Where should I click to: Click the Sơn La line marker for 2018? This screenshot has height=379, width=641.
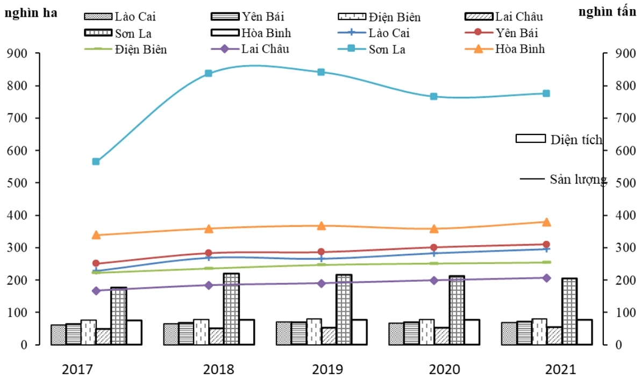tap(209, 73)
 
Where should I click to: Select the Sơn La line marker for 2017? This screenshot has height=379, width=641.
tap(96, 161)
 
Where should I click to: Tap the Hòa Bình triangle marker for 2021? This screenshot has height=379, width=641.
tap(546, 222)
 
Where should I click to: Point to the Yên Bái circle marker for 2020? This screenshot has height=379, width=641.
tap(433, 247)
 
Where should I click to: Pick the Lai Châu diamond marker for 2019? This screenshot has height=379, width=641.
tap(321, 283)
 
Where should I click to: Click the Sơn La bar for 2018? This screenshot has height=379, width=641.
tap(231, 309)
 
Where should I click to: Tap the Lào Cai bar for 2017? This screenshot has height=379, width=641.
tap(58, 334)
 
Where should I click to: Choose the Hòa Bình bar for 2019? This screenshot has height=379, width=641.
tap(359, 332)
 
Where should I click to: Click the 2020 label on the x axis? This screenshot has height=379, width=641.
tap(445, 369)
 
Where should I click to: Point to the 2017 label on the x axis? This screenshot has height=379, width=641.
tap(77, 369)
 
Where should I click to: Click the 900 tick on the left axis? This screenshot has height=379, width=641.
tap(26, 53)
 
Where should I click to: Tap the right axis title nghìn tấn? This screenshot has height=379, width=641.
tap(608, 12)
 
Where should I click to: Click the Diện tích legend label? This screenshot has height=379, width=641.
tap(576, 140)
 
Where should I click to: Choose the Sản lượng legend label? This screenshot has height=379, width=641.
tap(578, 179)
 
